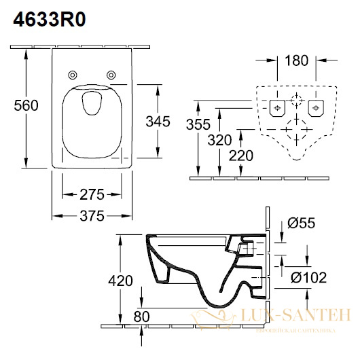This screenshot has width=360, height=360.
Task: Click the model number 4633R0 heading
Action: [x=50, y=20]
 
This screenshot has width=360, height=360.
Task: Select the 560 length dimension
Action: [x=26, y=105]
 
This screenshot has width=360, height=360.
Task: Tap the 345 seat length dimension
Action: [x=158, y=122]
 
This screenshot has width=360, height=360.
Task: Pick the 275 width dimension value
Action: [x=92, y=195]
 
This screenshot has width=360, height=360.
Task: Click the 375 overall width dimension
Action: [x=92, y=216]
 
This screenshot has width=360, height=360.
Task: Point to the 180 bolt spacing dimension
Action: [x=296, y=60]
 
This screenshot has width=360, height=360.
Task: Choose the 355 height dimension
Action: [x=198, y=124]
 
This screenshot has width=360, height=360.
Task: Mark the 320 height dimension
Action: [x=219, y=140]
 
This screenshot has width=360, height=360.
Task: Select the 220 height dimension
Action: [x=241, y=156]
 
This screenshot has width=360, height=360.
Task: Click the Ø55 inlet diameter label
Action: [x=302, y=223]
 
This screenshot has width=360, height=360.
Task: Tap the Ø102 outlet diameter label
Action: [x=308, y=278]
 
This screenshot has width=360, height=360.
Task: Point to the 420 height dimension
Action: [x=120, y=281]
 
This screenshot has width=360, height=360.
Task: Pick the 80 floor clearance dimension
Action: [x=142, y=317]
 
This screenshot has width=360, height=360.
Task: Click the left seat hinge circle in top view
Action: [x=73, y=75]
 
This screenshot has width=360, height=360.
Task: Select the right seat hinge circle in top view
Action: [x=111, y=75]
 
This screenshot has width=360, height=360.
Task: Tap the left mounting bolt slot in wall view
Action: [x=277, y=108]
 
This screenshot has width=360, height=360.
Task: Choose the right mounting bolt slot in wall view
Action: [x=316, y=108]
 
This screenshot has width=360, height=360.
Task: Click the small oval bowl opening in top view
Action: [x=92, y=103]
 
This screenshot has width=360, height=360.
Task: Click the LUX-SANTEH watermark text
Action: [x=296, y=315]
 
